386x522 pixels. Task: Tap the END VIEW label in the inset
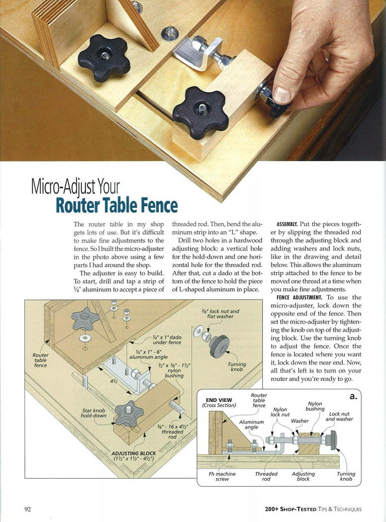[219, 400]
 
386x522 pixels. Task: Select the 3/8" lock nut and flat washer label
[220, 314]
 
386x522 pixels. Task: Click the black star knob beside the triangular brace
[104, 57]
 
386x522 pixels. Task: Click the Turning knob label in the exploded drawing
[237, 367]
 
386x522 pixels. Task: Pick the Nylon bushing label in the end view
[315, 406]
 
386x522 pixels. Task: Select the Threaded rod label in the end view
[266, 476]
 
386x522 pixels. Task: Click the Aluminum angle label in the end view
[252, 425]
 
